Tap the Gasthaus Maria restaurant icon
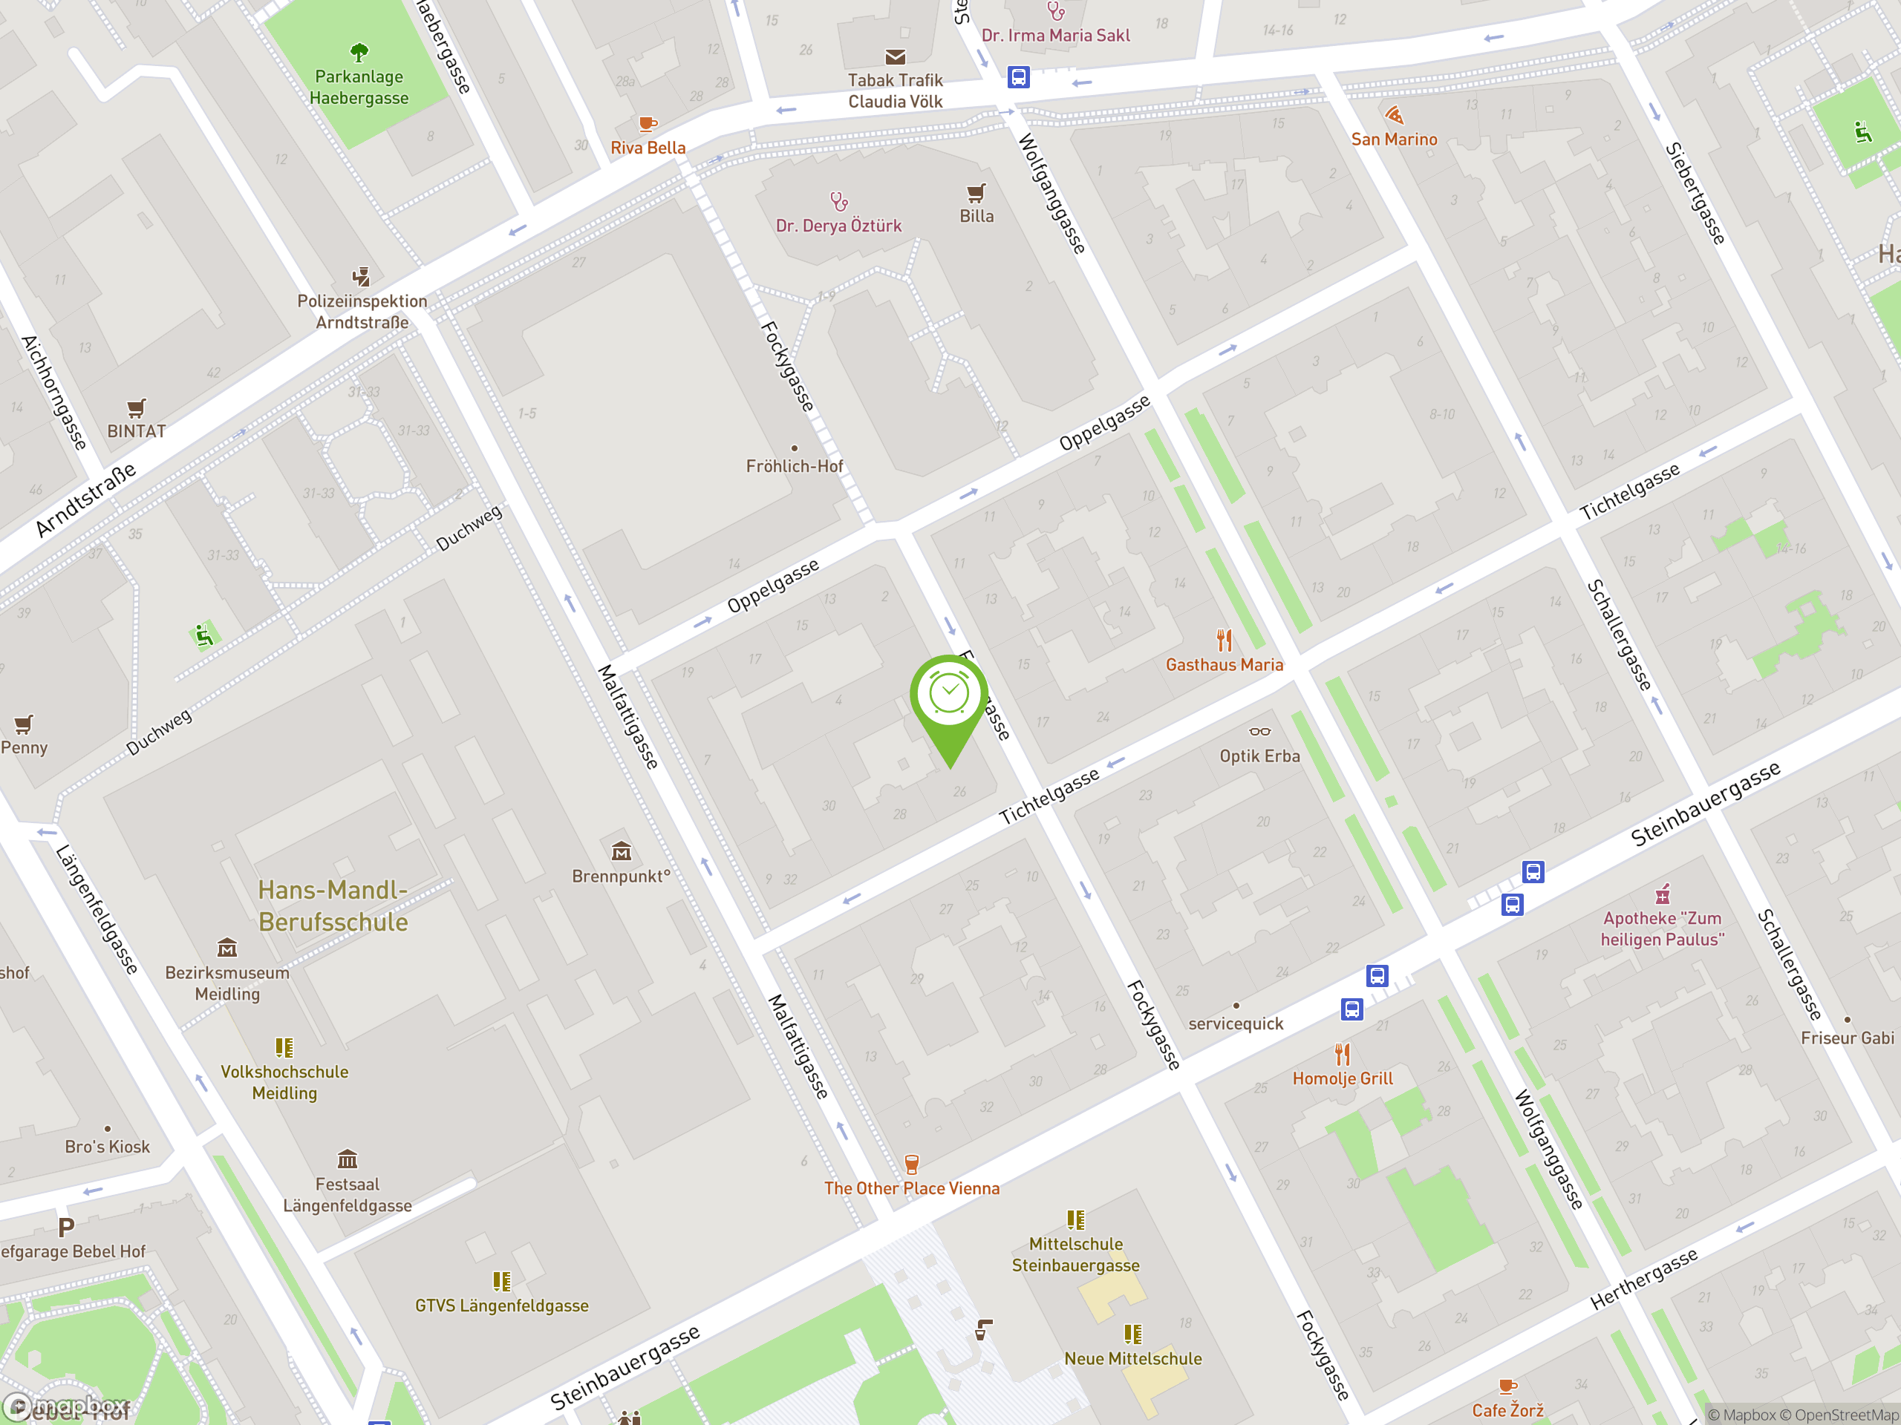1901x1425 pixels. click(1224, 640)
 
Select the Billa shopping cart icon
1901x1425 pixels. click(976, 192)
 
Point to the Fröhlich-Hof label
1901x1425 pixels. click(794, 466)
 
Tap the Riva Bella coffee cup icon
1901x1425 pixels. click(648, 124)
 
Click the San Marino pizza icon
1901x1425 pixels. click(1394, 115)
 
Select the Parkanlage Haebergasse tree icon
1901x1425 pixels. click(359, 53)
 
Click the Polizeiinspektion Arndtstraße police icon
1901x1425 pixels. click(361, 277)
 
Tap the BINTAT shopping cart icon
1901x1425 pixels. click(136, 407)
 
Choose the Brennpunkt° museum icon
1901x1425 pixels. click(621, 851)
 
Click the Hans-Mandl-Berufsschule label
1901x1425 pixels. click(333, 905)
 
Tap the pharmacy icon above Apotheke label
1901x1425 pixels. click(1663, 894)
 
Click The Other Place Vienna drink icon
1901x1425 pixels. click(912, 1164)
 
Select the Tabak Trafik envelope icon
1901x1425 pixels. click(896, 56)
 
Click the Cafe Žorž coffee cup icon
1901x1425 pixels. click(1507, 1386)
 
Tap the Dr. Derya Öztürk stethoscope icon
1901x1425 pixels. click(839, 201)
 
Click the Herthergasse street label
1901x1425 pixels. click(1643, 1279)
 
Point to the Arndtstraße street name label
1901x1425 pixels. click(86, 500)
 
